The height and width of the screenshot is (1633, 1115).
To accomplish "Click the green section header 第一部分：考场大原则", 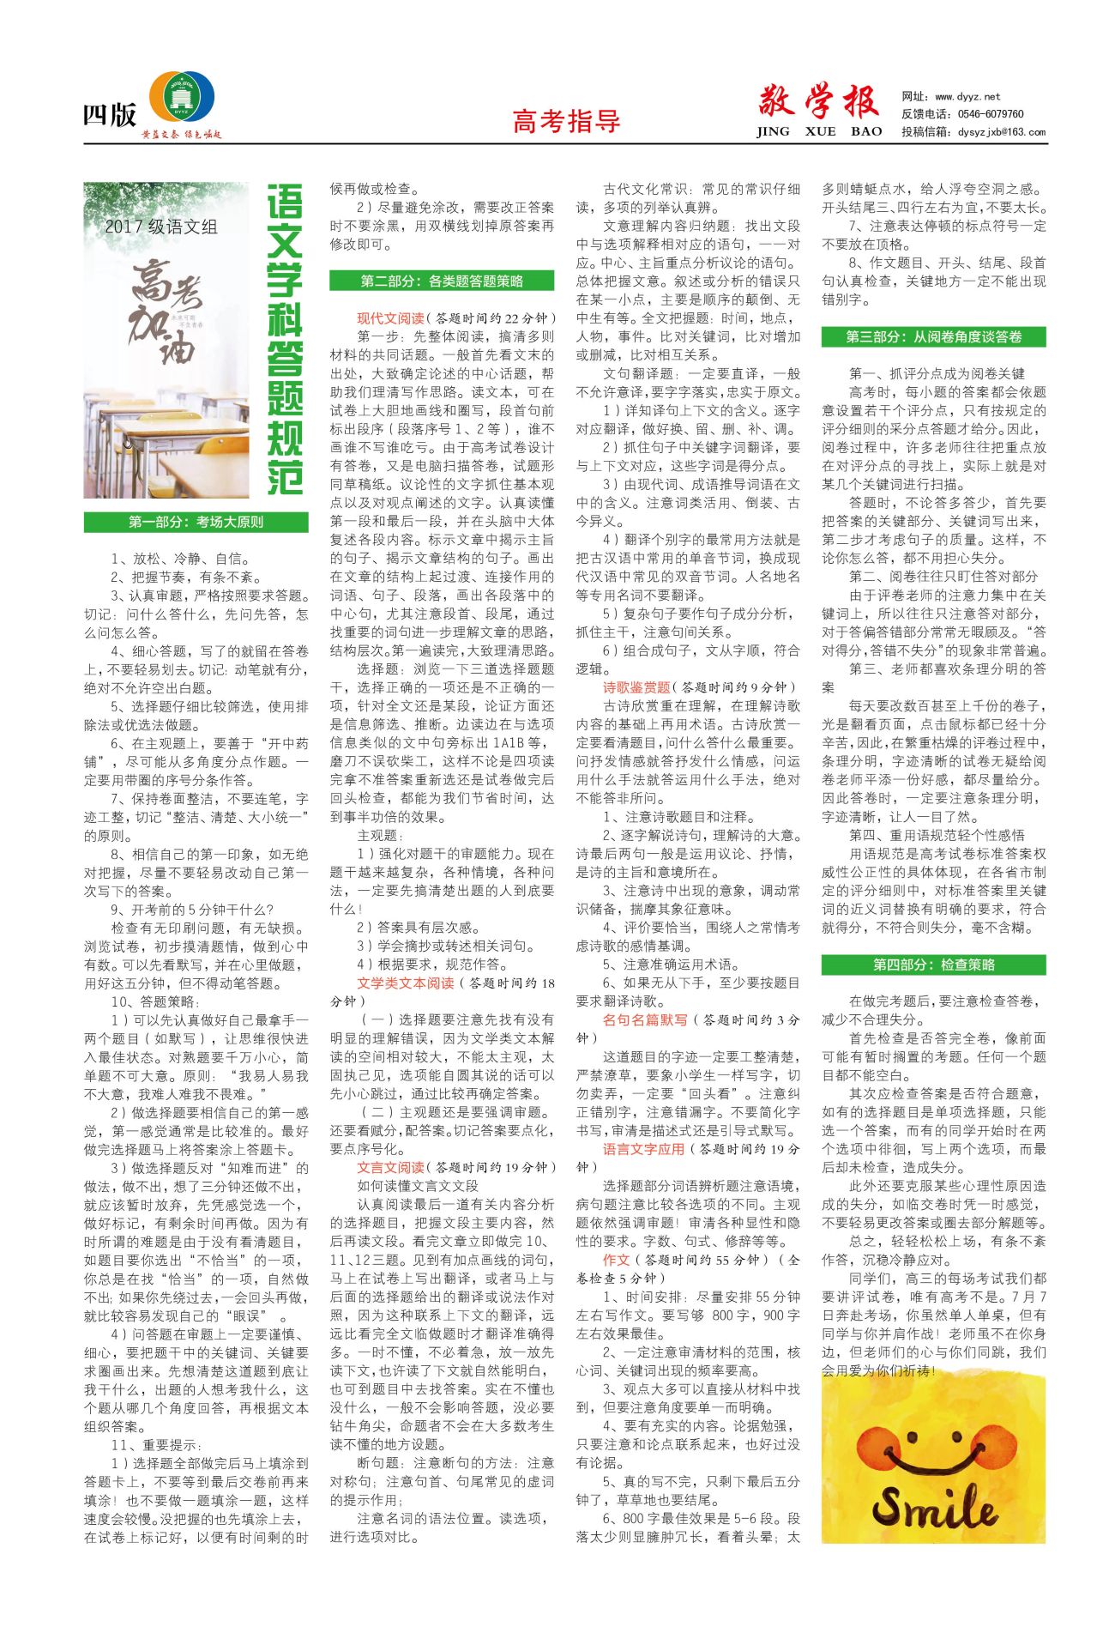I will [x=196, y=522].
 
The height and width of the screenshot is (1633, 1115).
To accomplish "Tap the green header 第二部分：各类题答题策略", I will [x=442, y=281].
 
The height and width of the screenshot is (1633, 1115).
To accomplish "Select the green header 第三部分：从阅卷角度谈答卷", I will [x=933, y=336].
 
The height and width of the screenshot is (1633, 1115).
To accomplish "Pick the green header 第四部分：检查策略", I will [x=933, y=965].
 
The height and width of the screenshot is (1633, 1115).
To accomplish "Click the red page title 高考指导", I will [x=566, y=122].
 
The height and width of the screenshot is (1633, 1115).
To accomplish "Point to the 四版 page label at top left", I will [x=109, y=115].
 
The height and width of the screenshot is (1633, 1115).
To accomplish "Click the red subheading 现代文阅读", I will [x=390, y=318].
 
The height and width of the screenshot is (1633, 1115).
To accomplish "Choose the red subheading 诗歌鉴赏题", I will [x=636, y=687].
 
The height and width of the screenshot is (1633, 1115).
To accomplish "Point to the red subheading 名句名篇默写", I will [x=645, y=1020].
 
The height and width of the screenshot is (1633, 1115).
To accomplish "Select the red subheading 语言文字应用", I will [x=643, y=1149].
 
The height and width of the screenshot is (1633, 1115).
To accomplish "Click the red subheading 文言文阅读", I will [x=390, y=1167].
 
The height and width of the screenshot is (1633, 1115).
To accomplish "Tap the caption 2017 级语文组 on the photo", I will [x=161, y=227].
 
